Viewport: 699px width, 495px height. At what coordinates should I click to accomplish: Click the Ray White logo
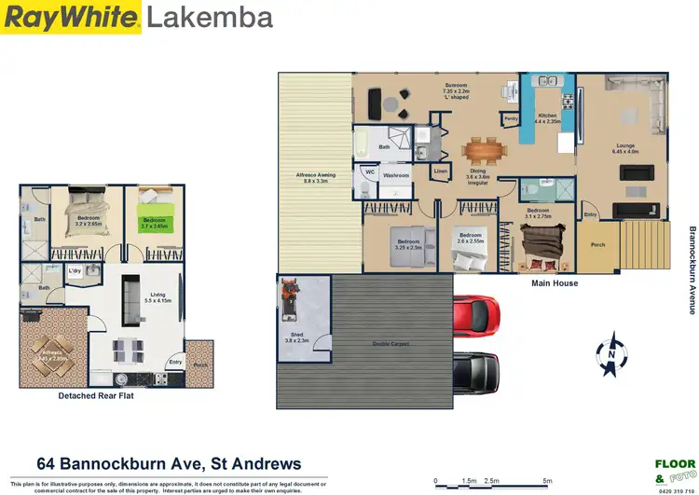71,17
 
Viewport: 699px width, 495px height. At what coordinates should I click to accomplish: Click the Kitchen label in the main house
547,118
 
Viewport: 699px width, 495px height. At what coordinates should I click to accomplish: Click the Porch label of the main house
597,244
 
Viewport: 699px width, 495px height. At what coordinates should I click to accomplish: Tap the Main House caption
555,283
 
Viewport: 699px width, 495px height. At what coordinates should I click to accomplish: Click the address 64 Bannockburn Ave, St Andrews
169,463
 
